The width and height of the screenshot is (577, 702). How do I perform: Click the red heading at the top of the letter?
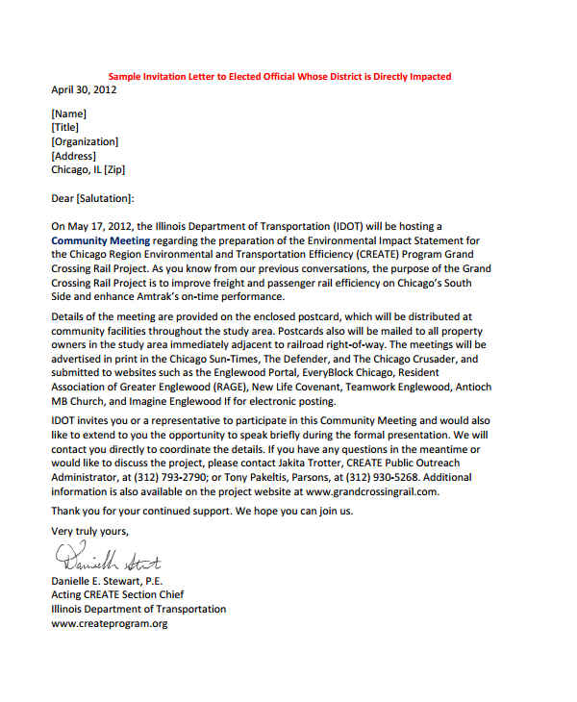coord(279,76)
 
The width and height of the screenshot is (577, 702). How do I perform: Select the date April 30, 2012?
coord(85,89)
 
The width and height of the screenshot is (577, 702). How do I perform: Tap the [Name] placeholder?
coord(68,113)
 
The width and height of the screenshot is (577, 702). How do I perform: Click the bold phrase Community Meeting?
coord(100,240)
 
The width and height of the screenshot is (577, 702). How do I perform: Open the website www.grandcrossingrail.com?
coord(371,490)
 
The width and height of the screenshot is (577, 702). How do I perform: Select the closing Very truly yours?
coord(89,531)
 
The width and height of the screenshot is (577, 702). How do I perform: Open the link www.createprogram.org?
coord(110,623)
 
